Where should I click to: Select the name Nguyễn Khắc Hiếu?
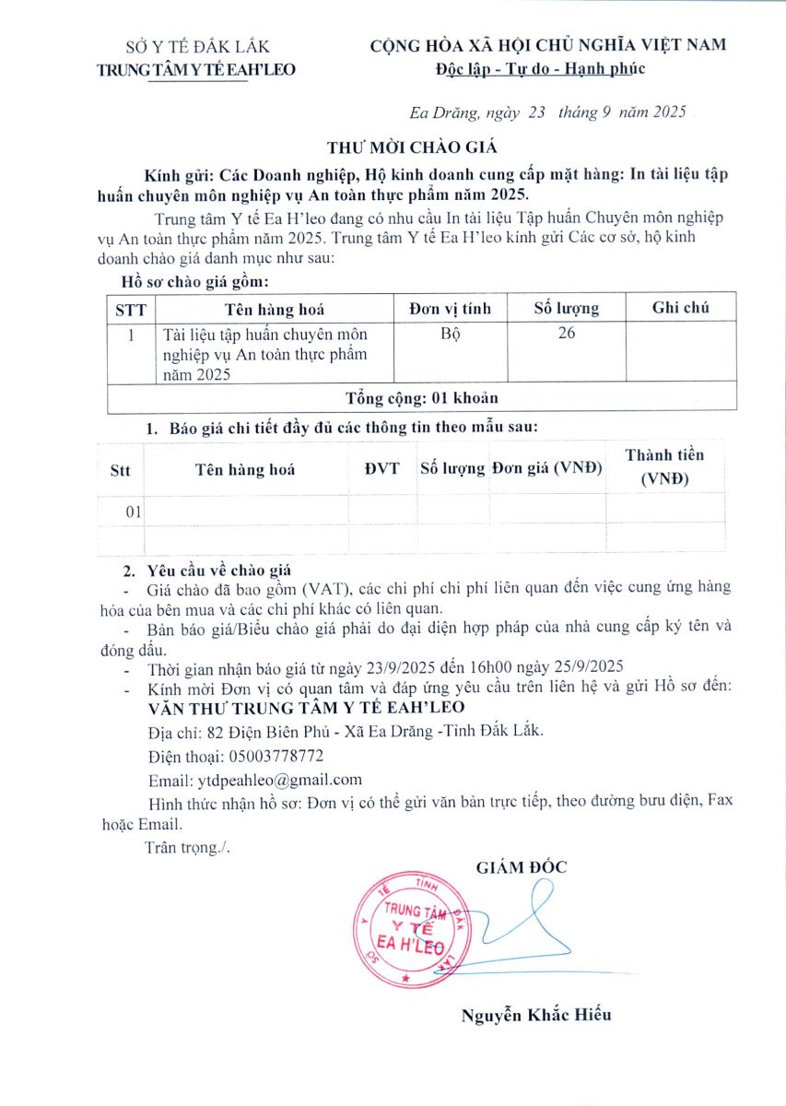tap(536, 1016)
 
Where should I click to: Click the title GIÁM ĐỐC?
tap(522, 866)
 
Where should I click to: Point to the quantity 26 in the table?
tap(567, 334)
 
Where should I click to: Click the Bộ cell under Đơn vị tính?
tap(450, 334)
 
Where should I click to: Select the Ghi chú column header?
tap(680, 308)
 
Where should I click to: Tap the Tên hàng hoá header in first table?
tap(275, 310)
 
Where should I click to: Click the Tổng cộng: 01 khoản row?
tap(422, 398)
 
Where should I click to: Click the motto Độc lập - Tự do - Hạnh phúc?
tap(541, 67)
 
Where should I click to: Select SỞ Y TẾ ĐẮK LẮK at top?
tap(198, 47)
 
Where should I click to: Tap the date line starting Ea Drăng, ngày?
tap(547, 113)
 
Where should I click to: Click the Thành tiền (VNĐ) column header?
tap(663, 467)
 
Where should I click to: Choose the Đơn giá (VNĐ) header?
tap(546, 468)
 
